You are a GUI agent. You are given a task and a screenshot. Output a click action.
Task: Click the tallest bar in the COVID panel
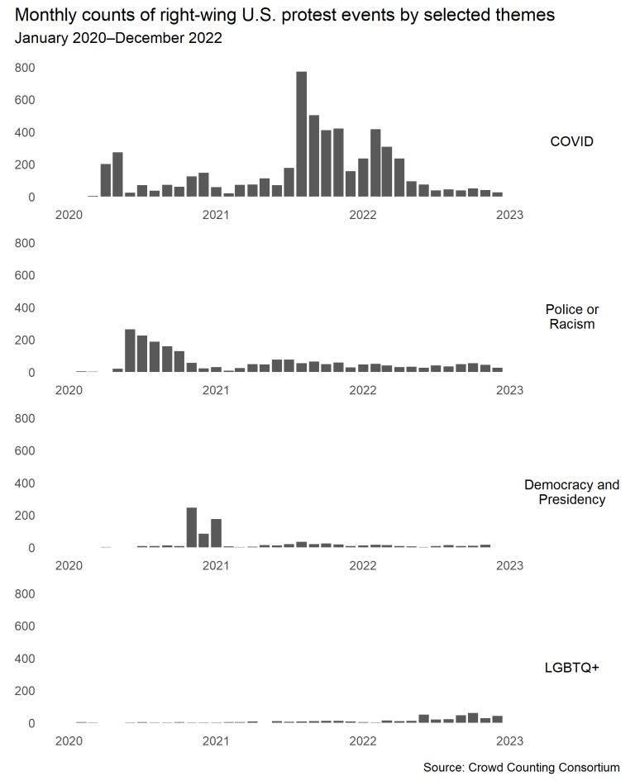pyautogui.click(x=302, y=135)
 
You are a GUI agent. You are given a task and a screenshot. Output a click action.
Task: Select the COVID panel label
pyautogui.click(x=571, y=141)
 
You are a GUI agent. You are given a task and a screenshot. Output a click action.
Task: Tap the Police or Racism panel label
pyautogui.click(x=571, y=317)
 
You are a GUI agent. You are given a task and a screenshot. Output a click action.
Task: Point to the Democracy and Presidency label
pyautogui.click(x=571, y=492)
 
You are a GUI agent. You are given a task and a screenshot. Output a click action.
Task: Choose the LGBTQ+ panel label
pyautogui.click(x=571, y=667)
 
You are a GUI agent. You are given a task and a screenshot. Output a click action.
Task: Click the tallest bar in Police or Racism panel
pyautogui.click(x=130, y=351)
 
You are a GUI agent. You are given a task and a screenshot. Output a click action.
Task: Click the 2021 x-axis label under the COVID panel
pyautogui.click(x=216, y=215)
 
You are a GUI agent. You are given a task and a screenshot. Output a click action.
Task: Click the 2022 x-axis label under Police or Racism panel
pyautogui.click(x=363, y=390)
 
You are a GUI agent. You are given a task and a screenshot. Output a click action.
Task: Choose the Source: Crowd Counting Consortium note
pyautogui.click(x=521, y=768)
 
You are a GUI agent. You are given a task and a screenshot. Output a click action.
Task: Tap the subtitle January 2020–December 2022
pyautogui.click(x=118, y=38)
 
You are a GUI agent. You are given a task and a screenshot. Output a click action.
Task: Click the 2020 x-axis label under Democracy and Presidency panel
pyautogui.click(x=69, y=565)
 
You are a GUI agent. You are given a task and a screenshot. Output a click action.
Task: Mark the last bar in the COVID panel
pyautogui.click(x=498, y=194)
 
